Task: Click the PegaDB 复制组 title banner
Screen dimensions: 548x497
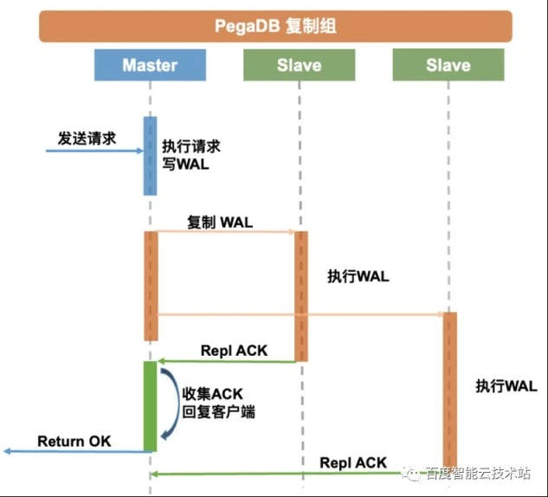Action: (x=275, y=26)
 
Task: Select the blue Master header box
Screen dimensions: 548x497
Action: (x=150, y=65)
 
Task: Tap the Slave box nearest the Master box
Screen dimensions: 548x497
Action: (x=300, y=65)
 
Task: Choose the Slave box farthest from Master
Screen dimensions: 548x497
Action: (x=448, y=65)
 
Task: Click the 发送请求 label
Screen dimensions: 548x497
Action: (x=87, y=139)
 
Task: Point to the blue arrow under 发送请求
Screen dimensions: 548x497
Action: (x=94, y=151)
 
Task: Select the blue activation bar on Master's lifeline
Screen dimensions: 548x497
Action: (x=151, y=156)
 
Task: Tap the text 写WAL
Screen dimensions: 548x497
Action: (x=185, y=164)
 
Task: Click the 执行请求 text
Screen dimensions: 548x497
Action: (x=191, y=146)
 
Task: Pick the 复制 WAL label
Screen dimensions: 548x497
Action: (x=220, y=223)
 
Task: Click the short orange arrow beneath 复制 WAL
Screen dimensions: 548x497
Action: (x=225, y=232)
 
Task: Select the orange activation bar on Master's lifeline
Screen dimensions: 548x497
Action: (x=151, y=286)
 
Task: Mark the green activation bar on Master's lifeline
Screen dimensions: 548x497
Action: (x=151, y=406)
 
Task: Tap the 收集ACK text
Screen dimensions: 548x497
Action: (x=212, y=394)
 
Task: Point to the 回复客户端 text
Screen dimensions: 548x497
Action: (x=218, y=412)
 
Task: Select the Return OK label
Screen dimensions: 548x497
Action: (x=74, y=442)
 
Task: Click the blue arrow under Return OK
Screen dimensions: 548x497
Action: (x=78, y=452)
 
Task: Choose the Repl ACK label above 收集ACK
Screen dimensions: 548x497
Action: (x=234, y=351)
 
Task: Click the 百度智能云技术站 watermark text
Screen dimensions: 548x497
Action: (x=478, y=474)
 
